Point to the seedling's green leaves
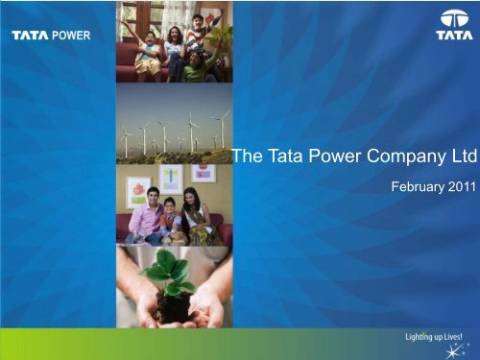pyautogui.click(x=169, y=273)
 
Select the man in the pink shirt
pyautogui.click(x=143, y=217)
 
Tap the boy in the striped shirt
pyautogui.click(x=198, y=34)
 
